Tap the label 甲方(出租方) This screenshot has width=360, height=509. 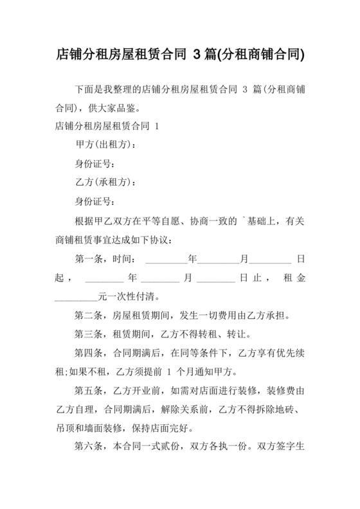(105, 144)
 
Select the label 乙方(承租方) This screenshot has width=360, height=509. (105, 183)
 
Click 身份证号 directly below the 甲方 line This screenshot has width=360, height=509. (95, 163)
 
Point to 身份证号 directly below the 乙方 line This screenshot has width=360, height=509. (95, 202)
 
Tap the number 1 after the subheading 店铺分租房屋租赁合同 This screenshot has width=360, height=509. (156, 125)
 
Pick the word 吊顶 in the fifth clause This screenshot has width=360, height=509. (65, 428)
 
